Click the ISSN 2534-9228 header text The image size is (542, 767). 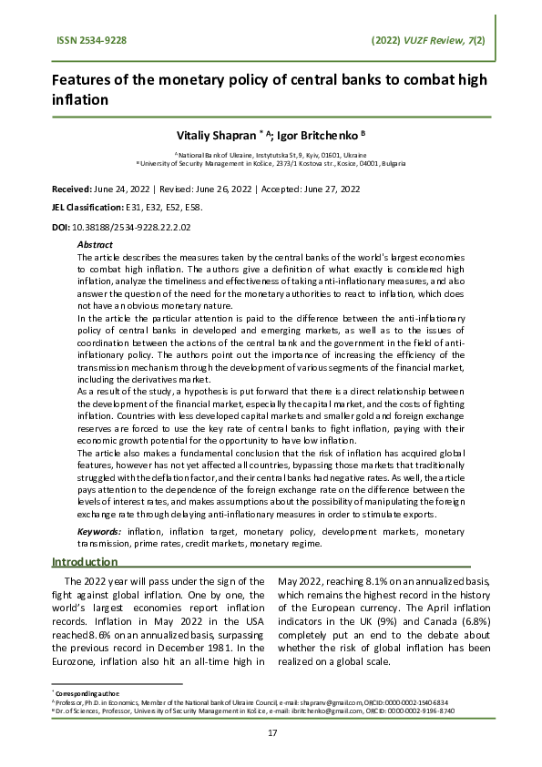(x=91, y=40)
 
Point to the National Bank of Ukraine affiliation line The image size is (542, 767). (x=271, y=155)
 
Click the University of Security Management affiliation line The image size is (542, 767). (x=271, y=164)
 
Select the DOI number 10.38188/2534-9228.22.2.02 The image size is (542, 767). (x=137, y=227)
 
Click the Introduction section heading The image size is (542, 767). (x=85, y=562)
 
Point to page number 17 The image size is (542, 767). (x=271, y=733)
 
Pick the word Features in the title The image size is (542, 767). (x=82, y=79)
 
